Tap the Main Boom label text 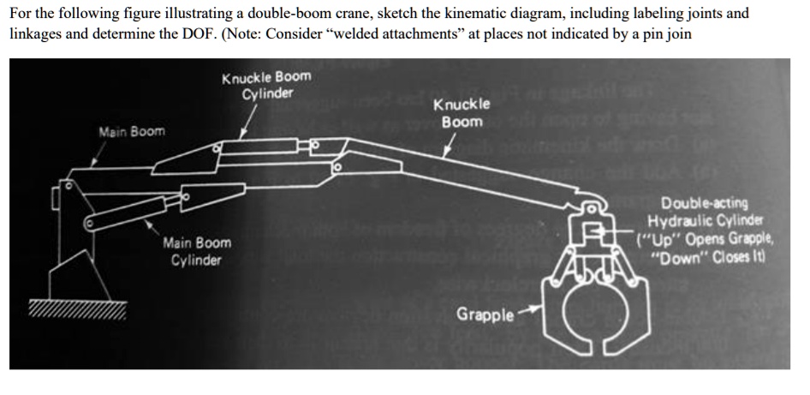132,132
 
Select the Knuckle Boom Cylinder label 266,85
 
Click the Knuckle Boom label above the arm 462,113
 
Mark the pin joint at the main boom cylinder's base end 89,223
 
